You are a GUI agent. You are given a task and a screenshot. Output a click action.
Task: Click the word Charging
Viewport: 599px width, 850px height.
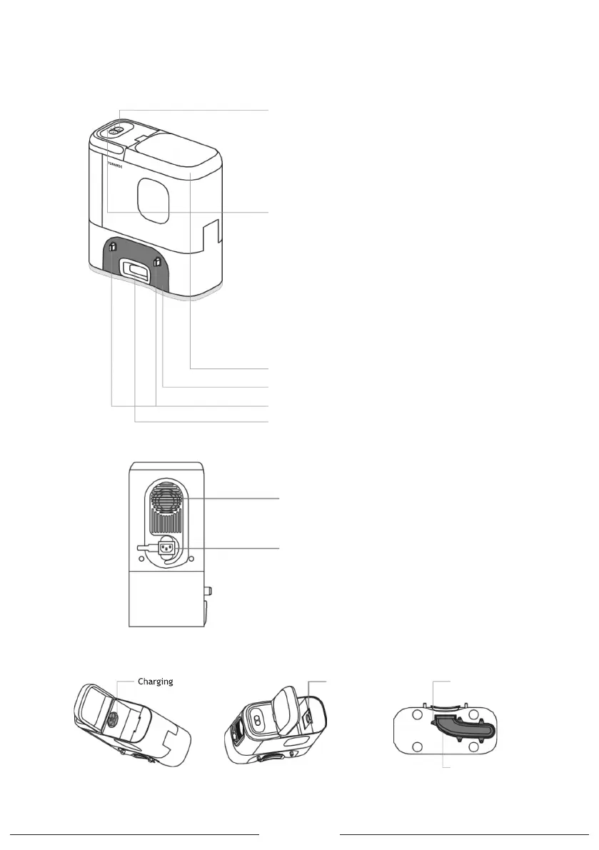point(155,682)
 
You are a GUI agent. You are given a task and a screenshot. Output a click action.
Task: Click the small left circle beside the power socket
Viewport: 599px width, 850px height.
point(141,560)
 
